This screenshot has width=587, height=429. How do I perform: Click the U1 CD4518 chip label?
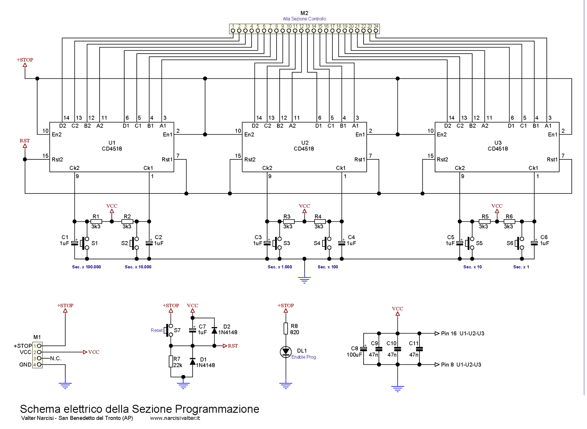click(x=112, y=146)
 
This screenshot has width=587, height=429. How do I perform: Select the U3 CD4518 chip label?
click(x=498, y=146)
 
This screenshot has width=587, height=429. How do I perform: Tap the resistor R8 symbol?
click(x=286, y=329)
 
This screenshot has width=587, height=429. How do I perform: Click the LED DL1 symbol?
click(x=286, y=352)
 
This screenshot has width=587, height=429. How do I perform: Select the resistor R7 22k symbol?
click(x=171, y=362)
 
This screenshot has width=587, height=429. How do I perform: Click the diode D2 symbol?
click(x=214, y=330)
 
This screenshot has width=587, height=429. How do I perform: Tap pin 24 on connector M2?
click(x=376, y=30)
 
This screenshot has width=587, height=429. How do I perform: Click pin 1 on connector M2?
click(x=233, y=30)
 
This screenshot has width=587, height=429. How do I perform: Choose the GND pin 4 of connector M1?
click(x=39, y=364)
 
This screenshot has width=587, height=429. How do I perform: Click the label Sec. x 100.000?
click(x=87, y=267)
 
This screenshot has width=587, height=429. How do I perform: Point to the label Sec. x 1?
click(x=521, y=267)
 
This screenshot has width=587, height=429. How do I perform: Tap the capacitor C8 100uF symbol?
click(x=364, y=349)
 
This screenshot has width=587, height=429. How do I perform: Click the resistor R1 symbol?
click(x=96, y=221)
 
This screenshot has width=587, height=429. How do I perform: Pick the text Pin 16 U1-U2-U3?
click(x=462, y=334)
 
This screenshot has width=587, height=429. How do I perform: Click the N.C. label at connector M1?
click(x=55, y=358)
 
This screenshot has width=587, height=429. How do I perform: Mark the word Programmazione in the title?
click(x=217, y=409)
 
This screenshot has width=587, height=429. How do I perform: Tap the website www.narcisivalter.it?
click(x=175, y=418)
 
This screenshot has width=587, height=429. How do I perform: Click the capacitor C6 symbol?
click(x=534, y=243)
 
